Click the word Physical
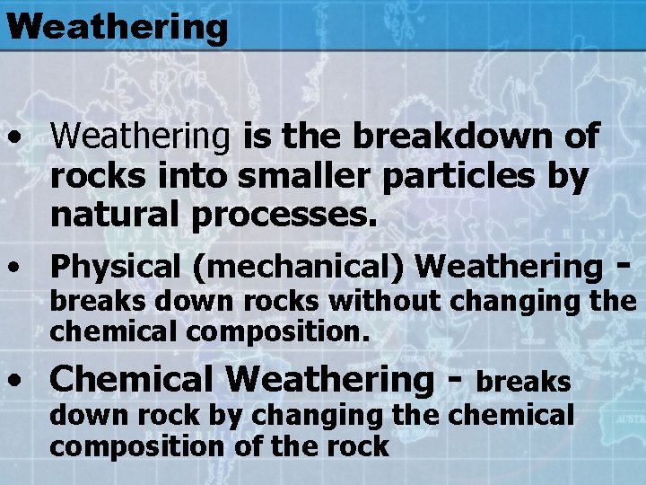[116, 266]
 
